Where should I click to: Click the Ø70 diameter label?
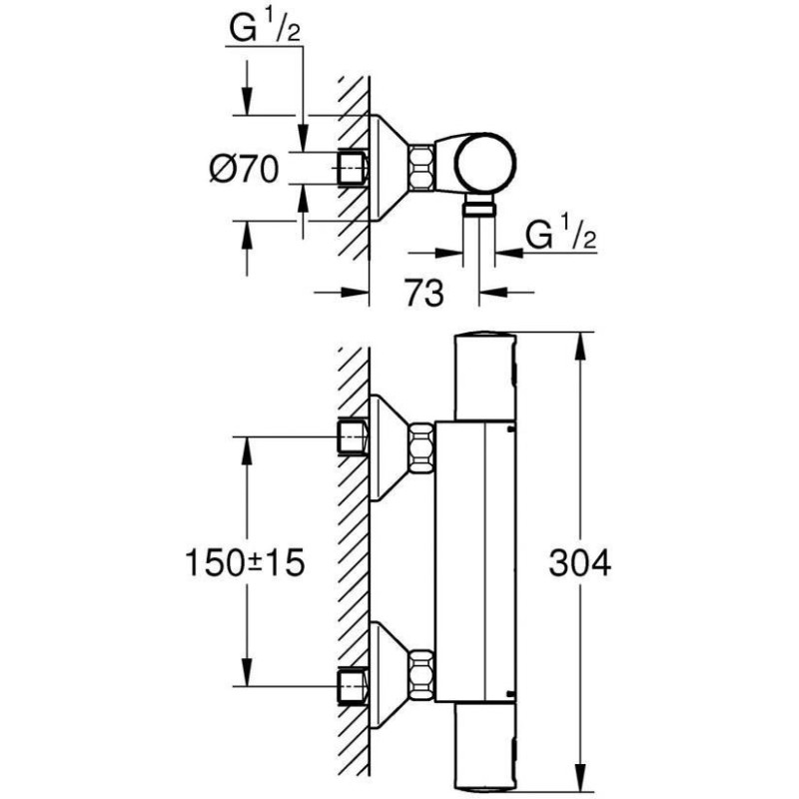tap(244, 169)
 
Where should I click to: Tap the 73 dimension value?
tap(423, 293)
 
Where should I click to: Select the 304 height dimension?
tap(580, 563)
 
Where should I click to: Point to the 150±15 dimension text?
tap(245, 563)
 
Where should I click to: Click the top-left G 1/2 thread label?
tap(265, 28)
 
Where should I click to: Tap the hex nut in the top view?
tap(420, 168)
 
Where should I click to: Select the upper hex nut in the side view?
tap(421, 446)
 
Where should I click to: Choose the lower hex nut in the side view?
tap(421, 674)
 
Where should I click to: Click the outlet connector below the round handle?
tap(479, 208)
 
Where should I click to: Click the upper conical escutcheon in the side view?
tap(389, 447)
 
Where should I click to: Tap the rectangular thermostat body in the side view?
tap(475, 560)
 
